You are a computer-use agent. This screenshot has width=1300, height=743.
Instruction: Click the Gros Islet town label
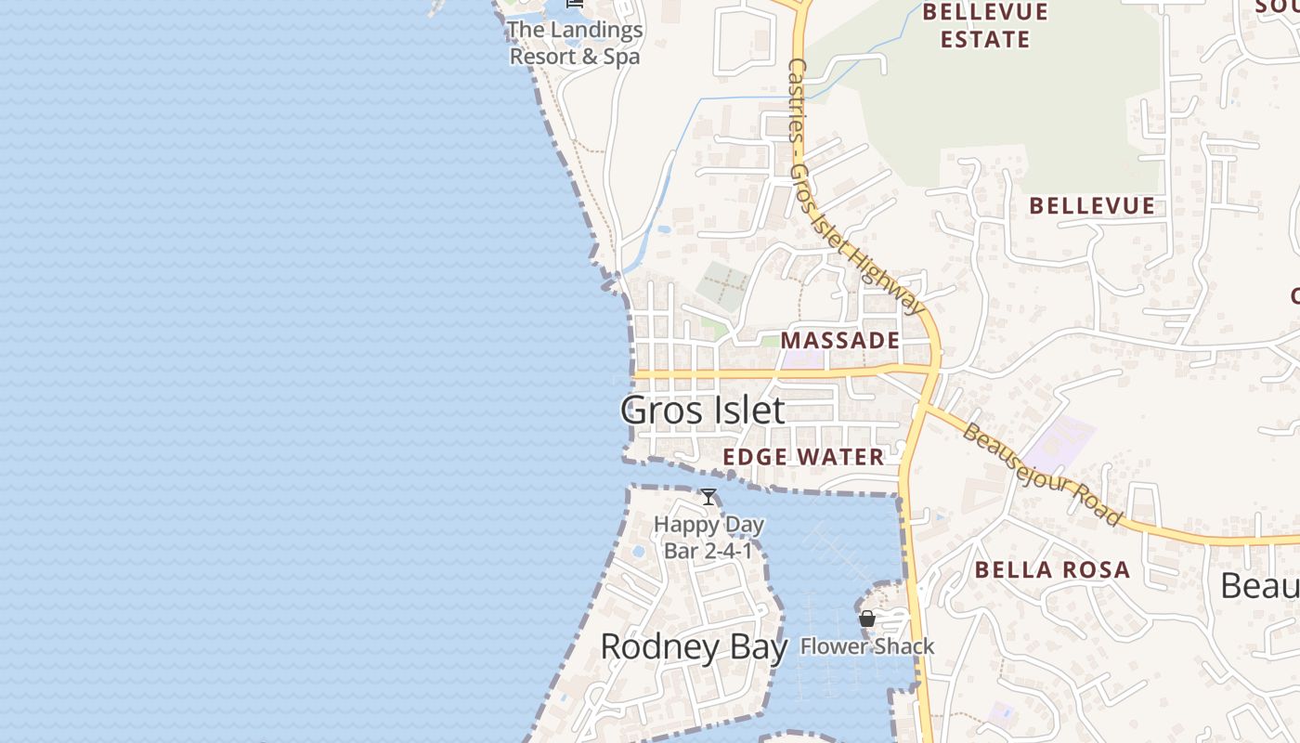702,410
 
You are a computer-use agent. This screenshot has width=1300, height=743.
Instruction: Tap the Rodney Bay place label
694,646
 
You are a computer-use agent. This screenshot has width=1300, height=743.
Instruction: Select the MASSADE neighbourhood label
840,341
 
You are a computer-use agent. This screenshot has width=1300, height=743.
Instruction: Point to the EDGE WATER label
803,457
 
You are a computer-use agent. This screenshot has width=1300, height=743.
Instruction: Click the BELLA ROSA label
1052,570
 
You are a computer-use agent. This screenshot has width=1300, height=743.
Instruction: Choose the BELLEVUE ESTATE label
985,26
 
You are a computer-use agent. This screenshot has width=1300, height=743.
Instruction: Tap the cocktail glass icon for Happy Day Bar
708,497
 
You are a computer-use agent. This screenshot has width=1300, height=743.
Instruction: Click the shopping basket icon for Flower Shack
867,619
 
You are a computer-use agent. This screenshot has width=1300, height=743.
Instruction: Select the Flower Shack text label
867,646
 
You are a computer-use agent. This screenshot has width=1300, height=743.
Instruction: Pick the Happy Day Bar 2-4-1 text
708,537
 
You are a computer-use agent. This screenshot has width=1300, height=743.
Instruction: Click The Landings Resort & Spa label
575,43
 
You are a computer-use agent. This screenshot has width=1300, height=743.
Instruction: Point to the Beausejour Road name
1042,474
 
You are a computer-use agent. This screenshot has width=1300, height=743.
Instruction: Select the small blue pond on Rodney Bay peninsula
639,552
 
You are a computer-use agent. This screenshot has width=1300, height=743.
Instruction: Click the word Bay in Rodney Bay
758,646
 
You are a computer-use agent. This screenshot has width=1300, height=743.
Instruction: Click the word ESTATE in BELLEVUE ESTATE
985,40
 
